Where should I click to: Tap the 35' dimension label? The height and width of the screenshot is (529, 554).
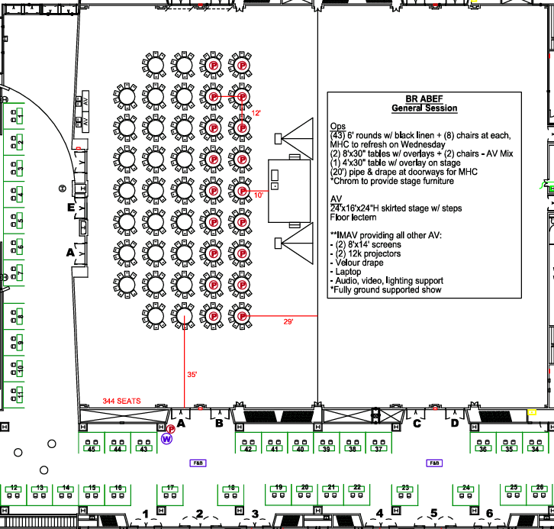click(x=192, y=375)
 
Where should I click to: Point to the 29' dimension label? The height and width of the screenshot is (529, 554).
click(x=288, y=322)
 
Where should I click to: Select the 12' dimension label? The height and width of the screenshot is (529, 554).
click(x=257, y=114)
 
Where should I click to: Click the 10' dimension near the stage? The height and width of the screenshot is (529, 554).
click(x=258, y=195)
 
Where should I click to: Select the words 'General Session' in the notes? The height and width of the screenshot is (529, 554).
click(x=424, y=108)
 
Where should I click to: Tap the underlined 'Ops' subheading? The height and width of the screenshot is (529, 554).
click(x=337, y=125)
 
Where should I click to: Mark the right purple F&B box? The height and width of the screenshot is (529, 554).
click(x=435, y=463)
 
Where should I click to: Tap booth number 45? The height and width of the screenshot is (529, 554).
click(x=92, y=449)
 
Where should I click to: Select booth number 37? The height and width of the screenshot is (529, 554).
click(x=378, y=449)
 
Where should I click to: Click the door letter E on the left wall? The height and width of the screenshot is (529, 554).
click(x=70, y=207)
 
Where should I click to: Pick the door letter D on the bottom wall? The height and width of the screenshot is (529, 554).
click(x=455, y=422)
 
